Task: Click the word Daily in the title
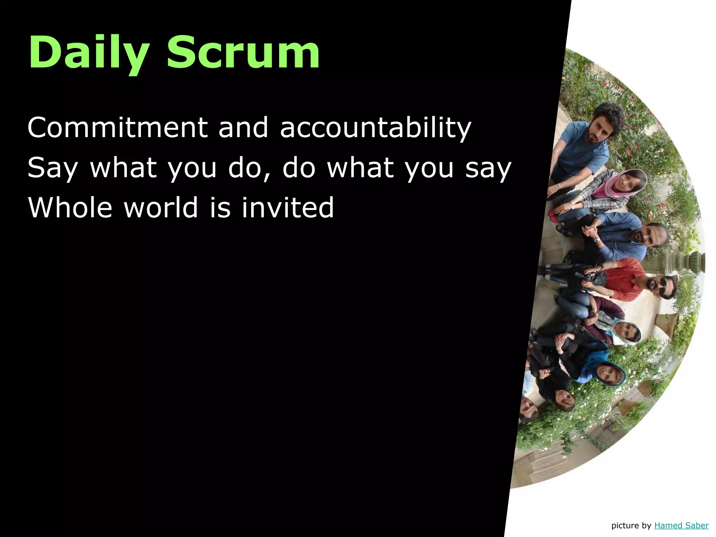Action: click(x=89, y=52)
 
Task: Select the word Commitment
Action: click(x=117, y=128)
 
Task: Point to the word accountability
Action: click(x=375, y=128)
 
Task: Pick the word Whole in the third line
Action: click(x=70, y=208)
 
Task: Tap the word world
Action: click(x=161, y=208)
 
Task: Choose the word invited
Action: click(x=287, y=208)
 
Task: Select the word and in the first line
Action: click(x=243, y=128)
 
